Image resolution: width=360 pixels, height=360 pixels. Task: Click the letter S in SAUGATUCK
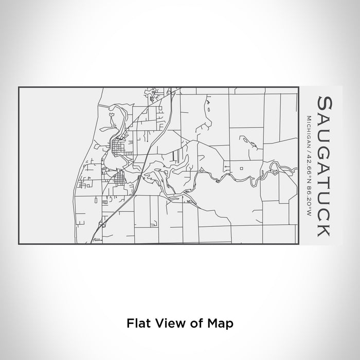tap(325, 102)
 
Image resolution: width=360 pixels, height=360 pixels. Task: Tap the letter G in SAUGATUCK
tap(325, 146)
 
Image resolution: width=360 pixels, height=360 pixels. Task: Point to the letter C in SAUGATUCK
tap(325, 211)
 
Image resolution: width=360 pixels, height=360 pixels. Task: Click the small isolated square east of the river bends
tap(241, 168)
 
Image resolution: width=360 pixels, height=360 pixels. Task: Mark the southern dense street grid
tap(119, 179)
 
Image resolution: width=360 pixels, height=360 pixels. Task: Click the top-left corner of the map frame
tap(19, 88)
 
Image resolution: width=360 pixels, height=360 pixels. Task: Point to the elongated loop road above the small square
tap(247, 139)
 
